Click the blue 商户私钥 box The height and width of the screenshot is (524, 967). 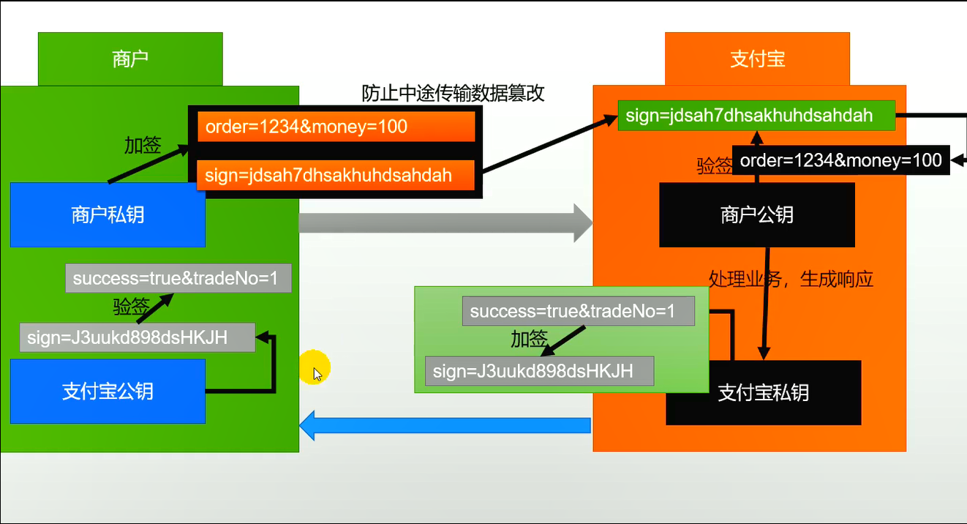coord(108,214)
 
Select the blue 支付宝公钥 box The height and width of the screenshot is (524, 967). coord(108,391)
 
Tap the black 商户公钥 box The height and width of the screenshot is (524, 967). coord(756,214)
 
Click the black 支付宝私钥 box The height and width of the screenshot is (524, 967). coord(763,393)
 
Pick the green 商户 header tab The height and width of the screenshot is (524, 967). coord(130,59)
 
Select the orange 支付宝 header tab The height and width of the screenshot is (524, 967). coord(757,59)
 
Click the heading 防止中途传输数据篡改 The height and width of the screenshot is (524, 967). coord(454,93)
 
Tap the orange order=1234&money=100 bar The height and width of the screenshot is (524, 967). coord(336,127)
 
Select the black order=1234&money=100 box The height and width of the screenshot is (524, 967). coord(840,160)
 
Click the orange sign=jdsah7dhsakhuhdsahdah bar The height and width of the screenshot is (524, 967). coord(336,176)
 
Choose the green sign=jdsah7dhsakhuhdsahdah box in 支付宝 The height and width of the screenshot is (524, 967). coord(756,116)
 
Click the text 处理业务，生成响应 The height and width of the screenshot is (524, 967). coord(791,279)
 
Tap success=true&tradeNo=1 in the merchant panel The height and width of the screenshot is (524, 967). coord(178,278)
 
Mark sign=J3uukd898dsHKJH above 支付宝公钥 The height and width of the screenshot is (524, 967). coord(138,337)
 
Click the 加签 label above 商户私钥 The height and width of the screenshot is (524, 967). coord(142,145)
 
